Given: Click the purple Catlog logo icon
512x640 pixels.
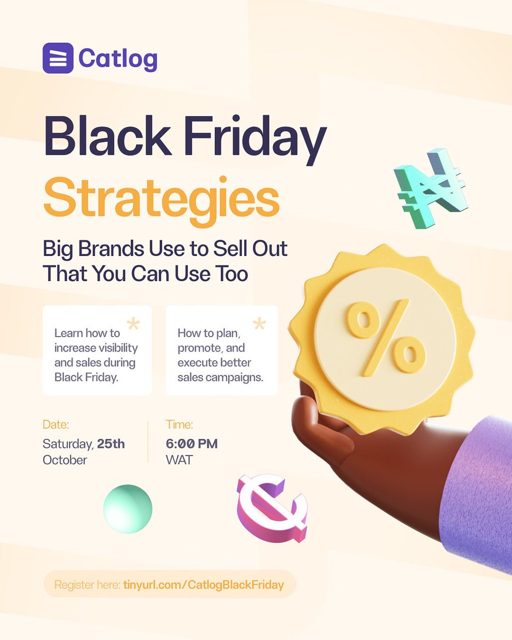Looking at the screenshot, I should click(58, 58).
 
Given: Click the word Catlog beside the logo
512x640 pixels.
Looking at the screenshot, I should click(118, 58).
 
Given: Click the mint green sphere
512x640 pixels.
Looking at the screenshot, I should click(127, 508).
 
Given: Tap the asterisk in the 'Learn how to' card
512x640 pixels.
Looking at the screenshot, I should click(133, 323).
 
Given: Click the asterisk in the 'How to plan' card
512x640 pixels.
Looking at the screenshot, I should click(259, 323).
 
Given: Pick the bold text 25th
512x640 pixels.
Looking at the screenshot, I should click(111, 444).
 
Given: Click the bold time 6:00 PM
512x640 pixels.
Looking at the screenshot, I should click(192, 444).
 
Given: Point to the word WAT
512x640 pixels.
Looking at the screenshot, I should click(179, 459).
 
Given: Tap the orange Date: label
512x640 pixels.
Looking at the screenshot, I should click(56, 425).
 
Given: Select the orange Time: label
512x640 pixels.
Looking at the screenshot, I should click(179, 425).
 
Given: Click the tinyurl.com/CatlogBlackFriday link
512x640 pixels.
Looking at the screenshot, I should click(203, 585).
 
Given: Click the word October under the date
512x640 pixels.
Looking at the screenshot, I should click(65, 459).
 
